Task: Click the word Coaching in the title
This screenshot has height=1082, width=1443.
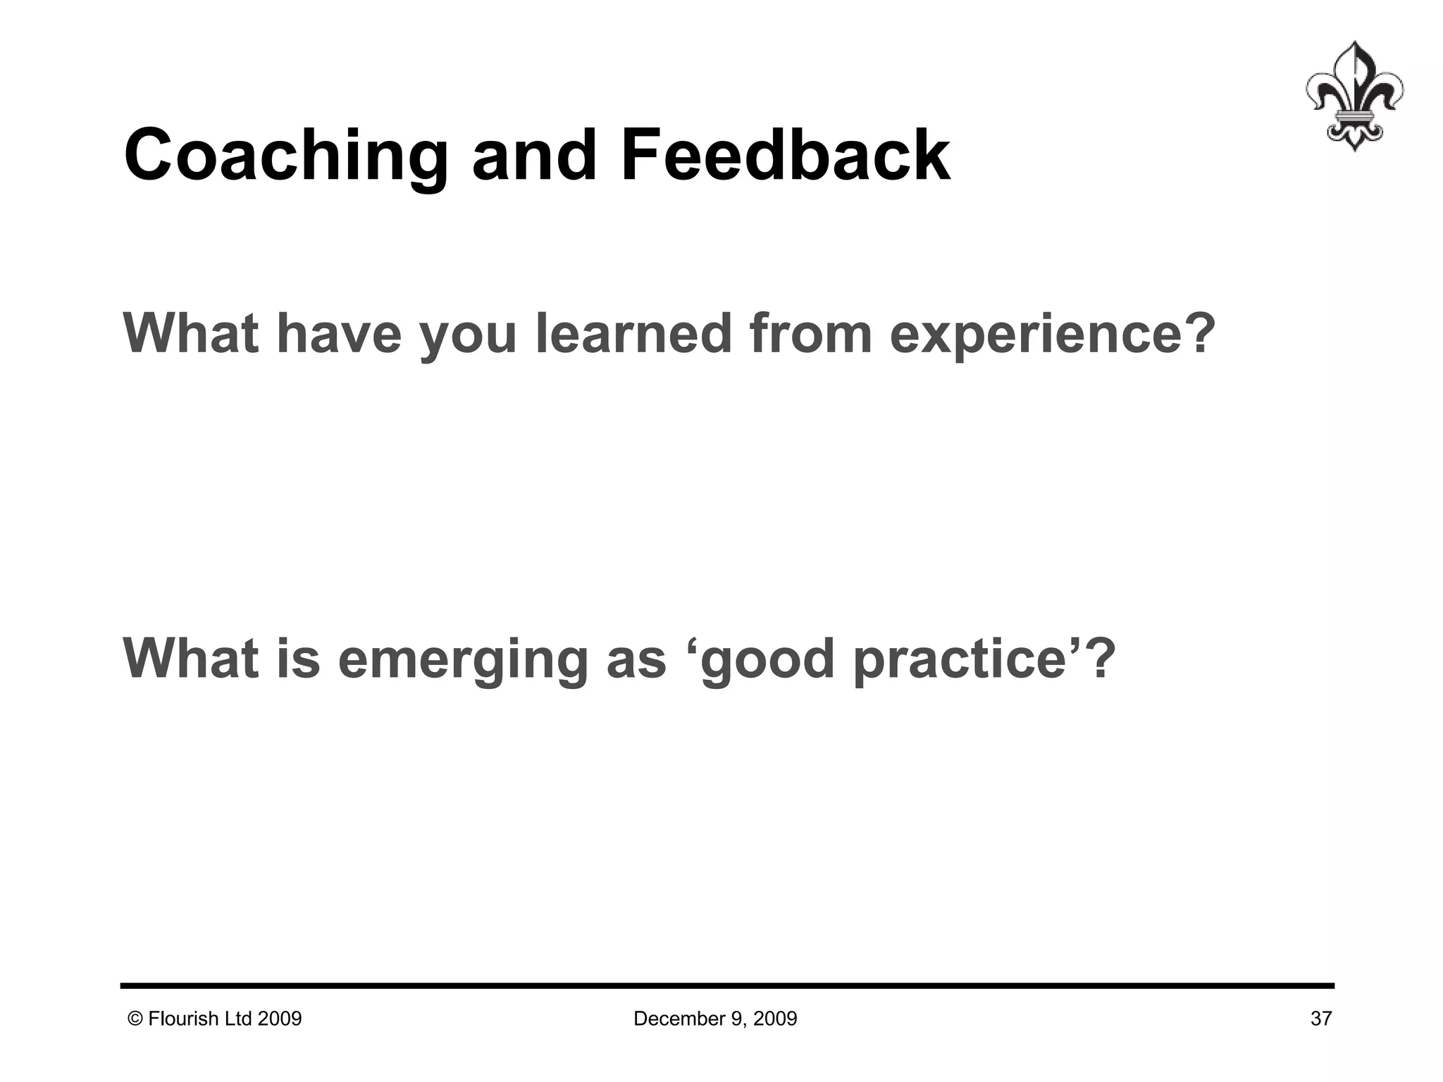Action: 285,156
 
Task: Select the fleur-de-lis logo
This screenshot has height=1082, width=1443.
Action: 1354,96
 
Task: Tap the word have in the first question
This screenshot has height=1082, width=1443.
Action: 339,332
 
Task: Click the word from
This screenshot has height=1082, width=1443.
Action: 810,332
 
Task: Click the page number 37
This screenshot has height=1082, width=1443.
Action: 1320,1019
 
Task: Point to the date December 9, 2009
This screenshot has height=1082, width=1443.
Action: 715,1019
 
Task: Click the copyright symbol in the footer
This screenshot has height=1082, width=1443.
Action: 135,1019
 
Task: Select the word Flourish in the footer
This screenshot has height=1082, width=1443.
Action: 185,1019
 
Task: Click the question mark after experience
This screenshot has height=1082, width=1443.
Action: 1198,332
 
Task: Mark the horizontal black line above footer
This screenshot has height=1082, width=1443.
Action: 727,985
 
